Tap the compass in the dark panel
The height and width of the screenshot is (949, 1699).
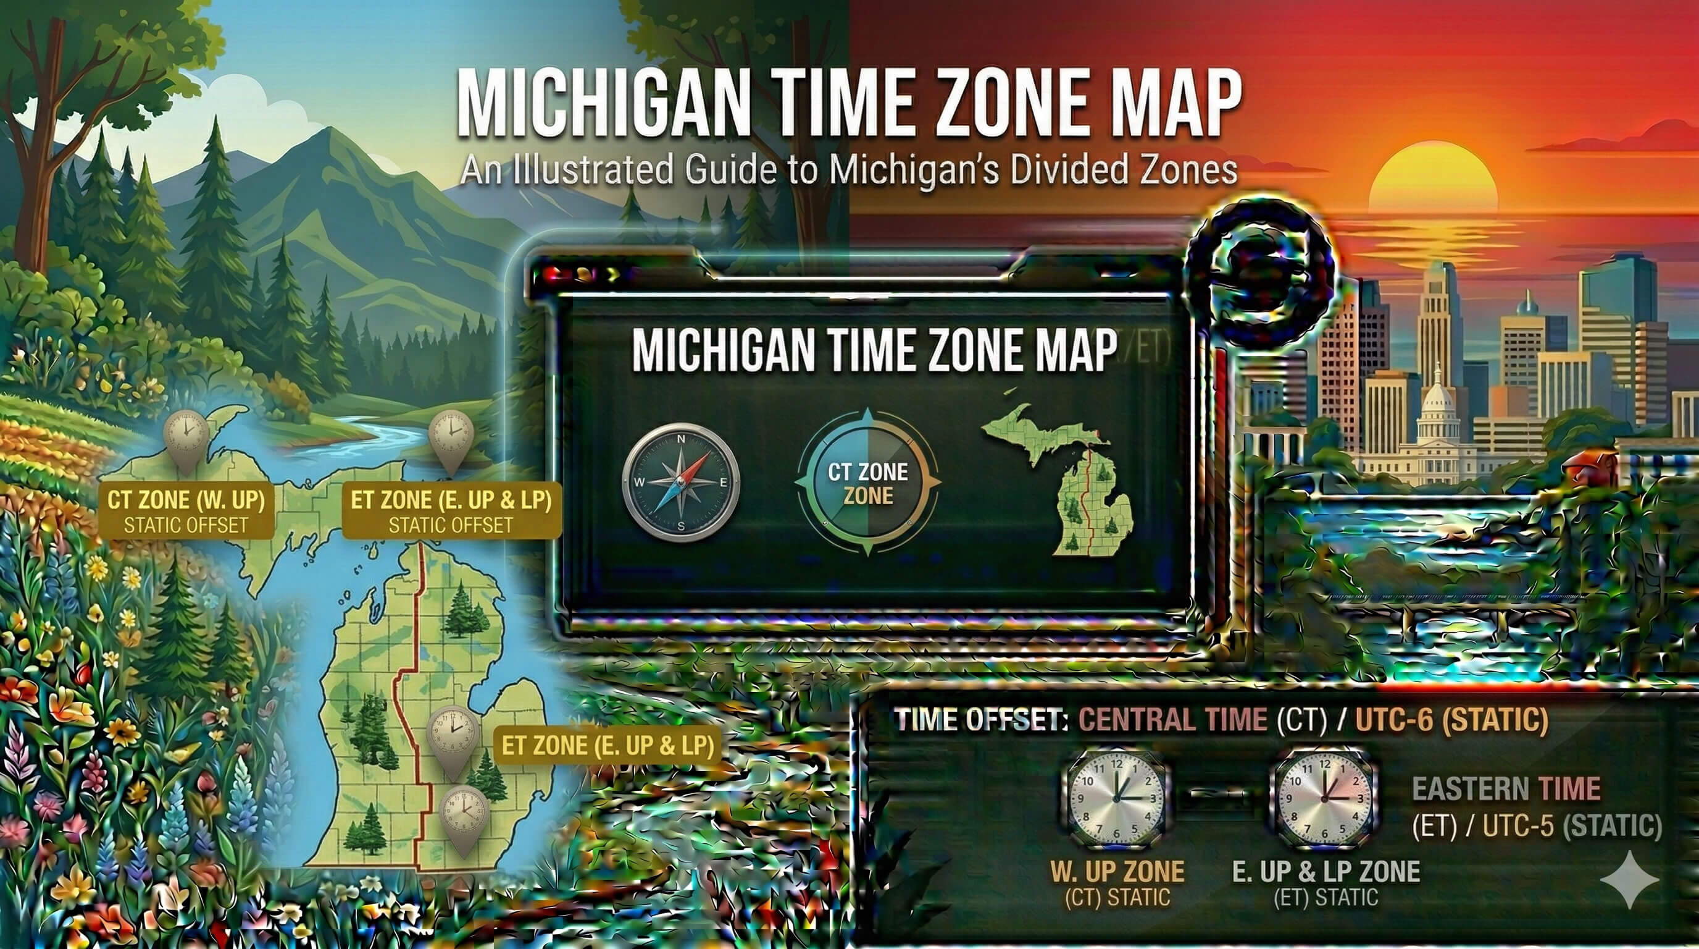tap(682, 483)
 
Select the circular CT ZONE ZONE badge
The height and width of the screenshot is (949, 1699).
tap(868, 483)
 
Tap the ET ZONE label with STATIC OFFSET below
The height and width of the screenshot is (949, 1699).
tap(451, 511)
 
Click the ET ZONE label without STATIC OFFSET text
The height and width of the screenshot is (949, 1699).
tap(607, 745)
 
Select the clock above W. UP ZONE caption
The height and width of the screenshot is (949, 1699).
tap(1116, 798)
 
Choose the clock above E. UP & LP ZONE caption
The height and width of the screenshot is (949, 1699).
tap(1323, 798)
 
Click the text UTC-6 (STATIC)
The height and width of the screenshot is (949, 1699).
tap(1451, 719)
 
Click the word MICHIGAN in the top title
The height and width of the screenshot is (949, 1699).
tap(604, 106)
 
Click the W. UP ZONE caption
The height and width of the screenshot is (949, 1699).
tap(1117, 871)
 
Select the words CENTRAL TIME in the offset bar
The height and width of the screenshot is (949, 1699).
tap(1172, 719)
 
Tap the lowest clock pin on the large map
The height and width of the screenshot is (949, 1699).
tap(464, 815)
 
